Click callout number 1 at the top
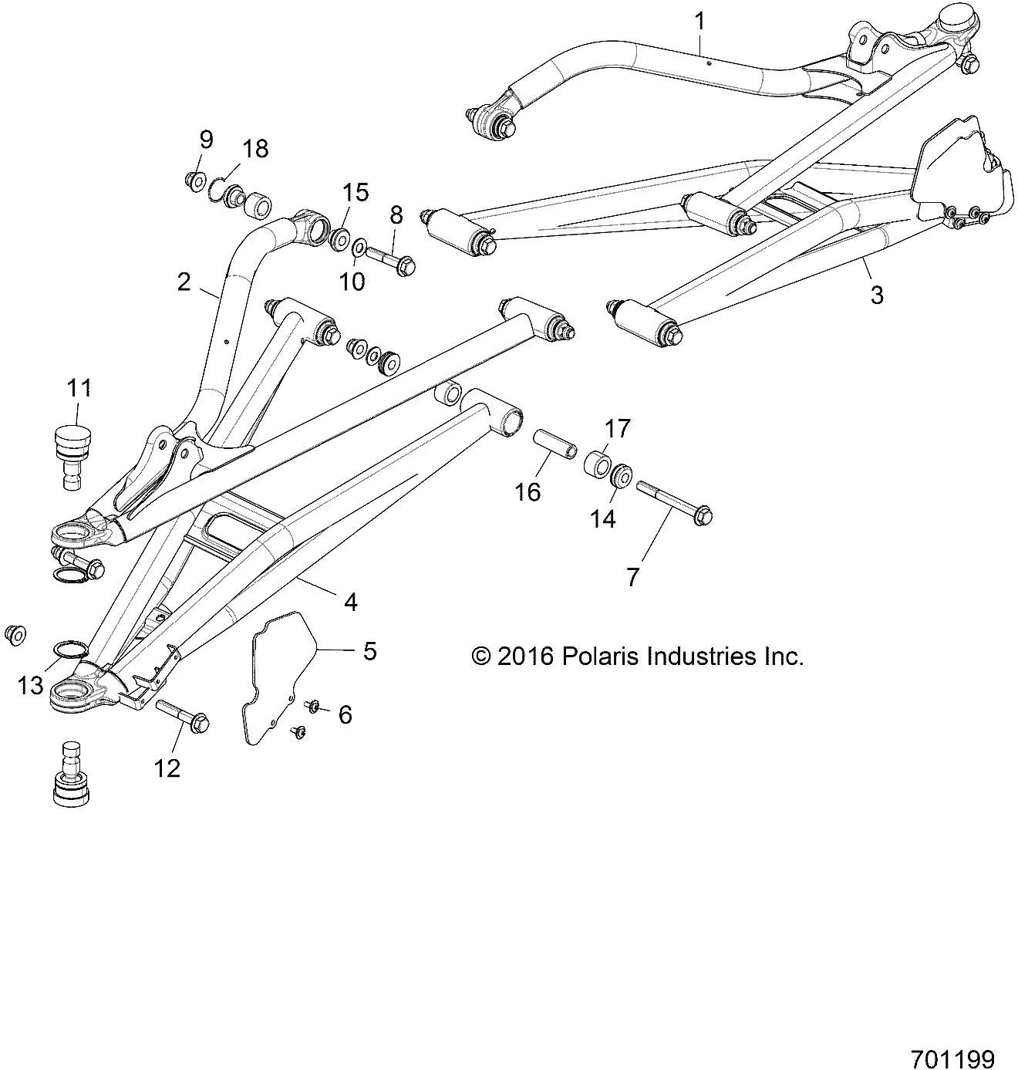pos(699,21)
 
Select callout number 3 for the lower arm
pos(876,294)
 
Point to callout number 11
pos(79,388)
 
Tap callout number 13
pos(31,684)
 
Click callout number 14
pos(602,519)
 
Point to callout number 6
pos(345,715)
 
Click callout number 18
pos(255,148)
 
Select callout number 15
pos(356,192)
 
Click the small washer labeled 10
pos(359,249)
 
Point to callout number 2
pos(183,282)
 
